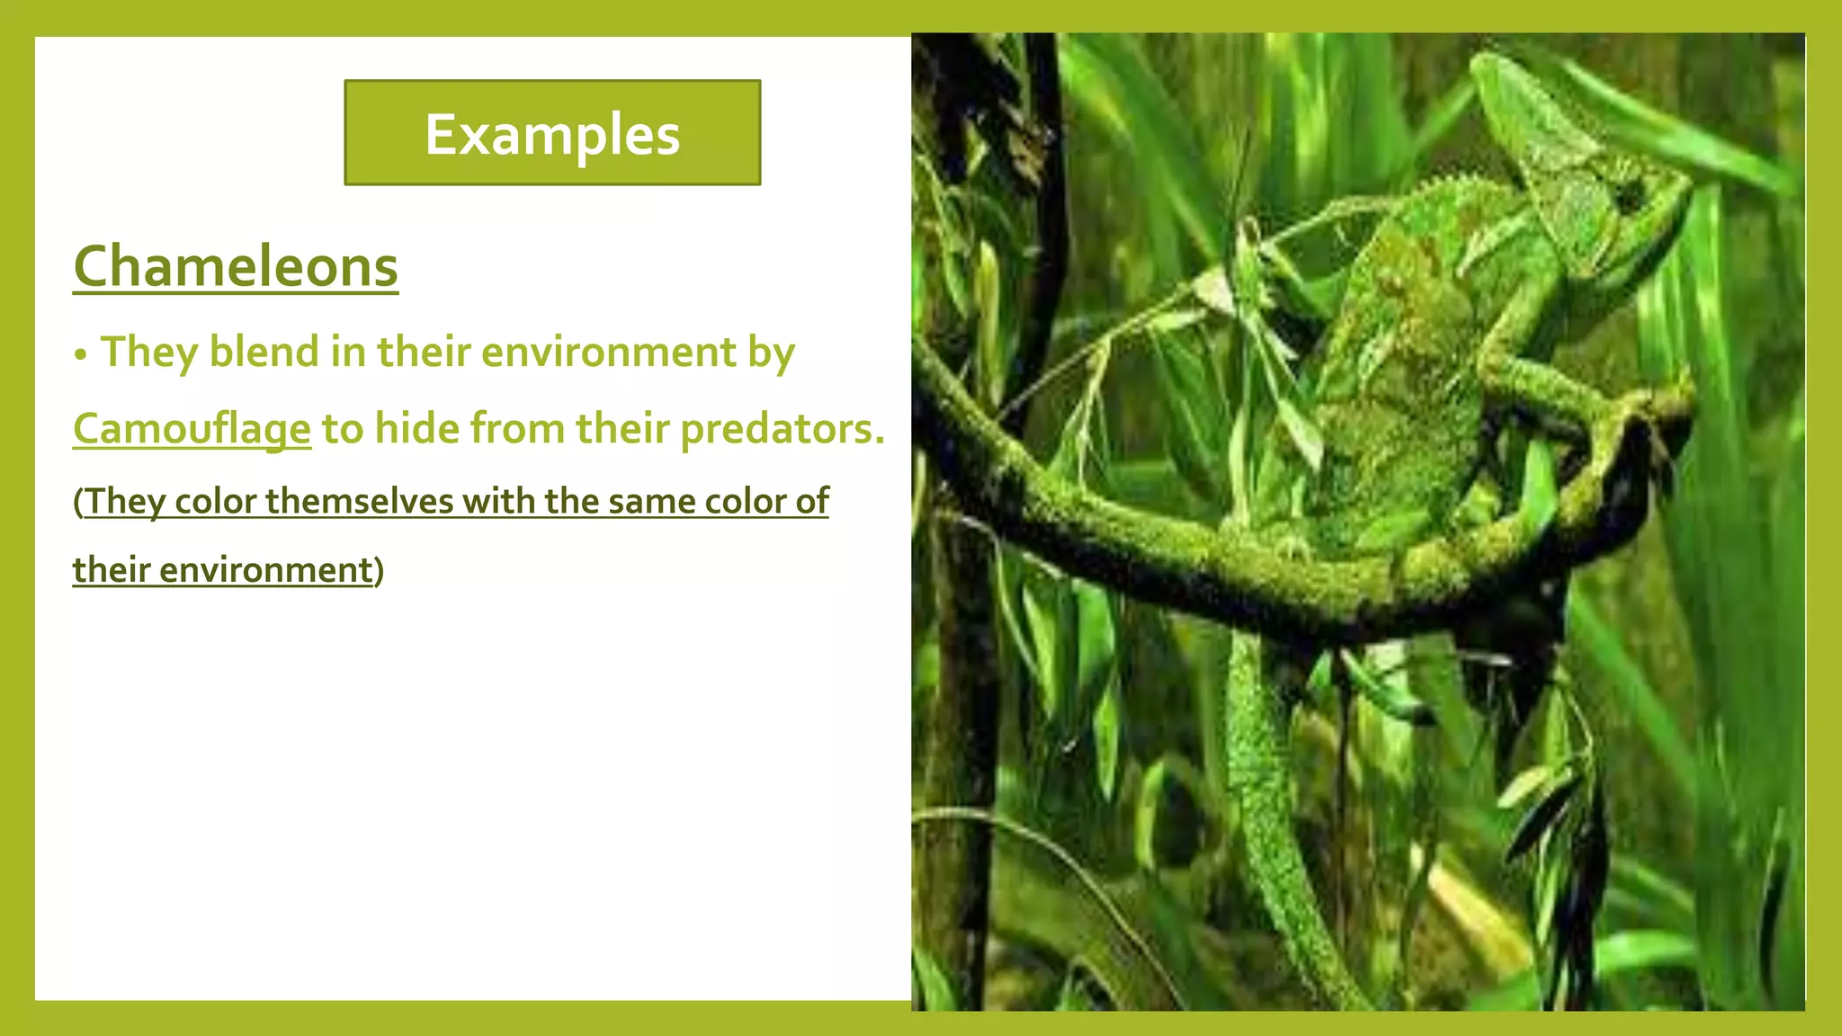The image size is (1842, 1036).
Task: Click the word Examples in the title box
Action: coord(552,135)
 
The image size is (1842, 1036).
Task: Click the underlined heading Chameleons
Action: coord(236,267)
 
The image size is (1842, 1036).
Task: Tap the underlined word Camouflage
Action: coord(192,429)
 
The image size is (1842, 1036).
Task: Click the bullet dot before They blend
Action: coord(81,355)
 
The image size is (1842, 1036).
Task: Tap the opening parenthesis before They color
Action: coord(78,502)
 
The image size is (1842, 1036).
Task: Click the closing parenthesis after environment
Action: coord(380,570)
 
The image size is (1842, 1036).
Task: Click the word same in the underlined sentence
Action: coord(651,501)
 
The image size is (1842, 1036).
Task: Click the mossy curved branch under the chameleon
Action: coord(1169,558)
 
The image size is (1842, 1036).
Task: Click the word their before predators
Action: coord(622,429)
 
